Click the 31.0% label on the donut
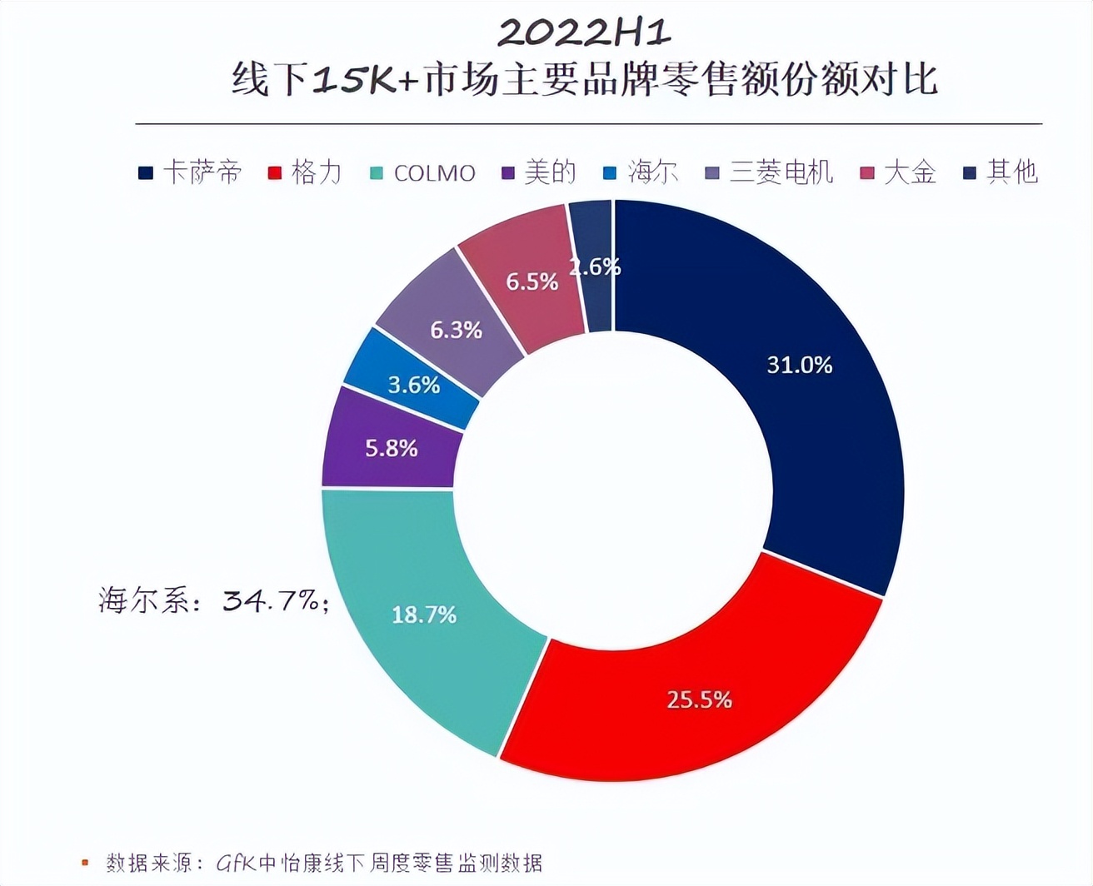[x=799, y=365]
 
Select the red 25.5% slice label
[x=699, y=699]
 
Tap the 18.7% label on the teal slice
[x=424, y=615]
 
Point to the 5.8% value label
[x=392, y=448]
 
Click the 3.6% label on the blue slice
[x=414, y=385]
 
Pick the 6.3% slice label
[x=456, y=330]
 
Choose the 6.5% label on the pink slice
[x=532, y=281]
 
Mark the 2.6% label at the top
[x=595, y=266]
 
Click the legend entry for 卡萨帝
[x=191, y=172]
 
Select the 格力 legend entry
[x=305, y=172]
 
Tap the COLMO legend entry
[x=422, y=173]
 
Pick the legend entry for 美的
[x=539, y=172]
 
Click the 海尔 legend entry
[x=641, y=172]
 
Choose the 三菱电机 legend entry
[x=769, y=172]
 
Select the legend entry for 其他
[x=1001, y=172]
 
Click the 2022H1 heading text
[x=584, y=33]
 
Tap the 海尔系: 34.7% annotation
[x=213, y=600]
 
